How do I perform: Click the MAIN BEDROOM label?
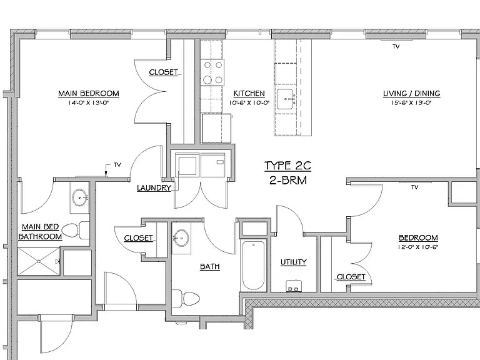pyautogui.click(x=89, y=93)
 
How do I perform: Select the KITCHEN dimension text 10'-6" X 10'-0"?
pyautogui.click(x=249, y=103)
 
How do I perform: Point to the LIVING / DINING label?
pyautogui.click(x=412, y=93)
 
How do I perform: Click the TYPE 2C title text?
pyautogui.click(x=287, y=166)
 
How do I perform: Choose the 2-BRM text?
pyautogui.click(x=288, y=180)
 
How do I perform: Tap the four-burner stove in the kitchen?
pyautogui.click(x=212, y=72)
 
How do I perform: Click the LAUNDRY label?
pyautogui.click(x=154, y=188)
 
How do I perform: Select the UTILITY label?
pyautogui.click(x=294, y=262)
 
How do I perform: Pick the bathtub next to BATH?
pyautogui.click(x=253, y=265)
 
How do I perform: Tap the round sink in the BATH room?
pyautogui.click(x=181, y=238)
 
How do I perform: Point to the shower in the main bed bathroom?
pyautogui.click(x=39, y=261)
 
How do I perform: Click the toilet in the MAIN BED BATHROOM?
pyautogui.click(x=75, y=230)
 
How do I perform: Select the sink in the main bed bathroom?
pyautogui.click(x=80, y=197)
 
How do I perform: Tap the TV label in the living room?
pyautogui.click(x=396, y=46)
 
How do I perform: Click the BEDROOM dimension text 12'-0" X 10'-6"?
pyautogui.click(x=418, y=247)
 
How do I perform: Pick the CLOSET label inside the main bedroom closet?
pyautogui.click(x=164, y=72)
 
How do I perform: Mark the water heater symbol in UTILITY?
pyautogui.click(x=294, y=286)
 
